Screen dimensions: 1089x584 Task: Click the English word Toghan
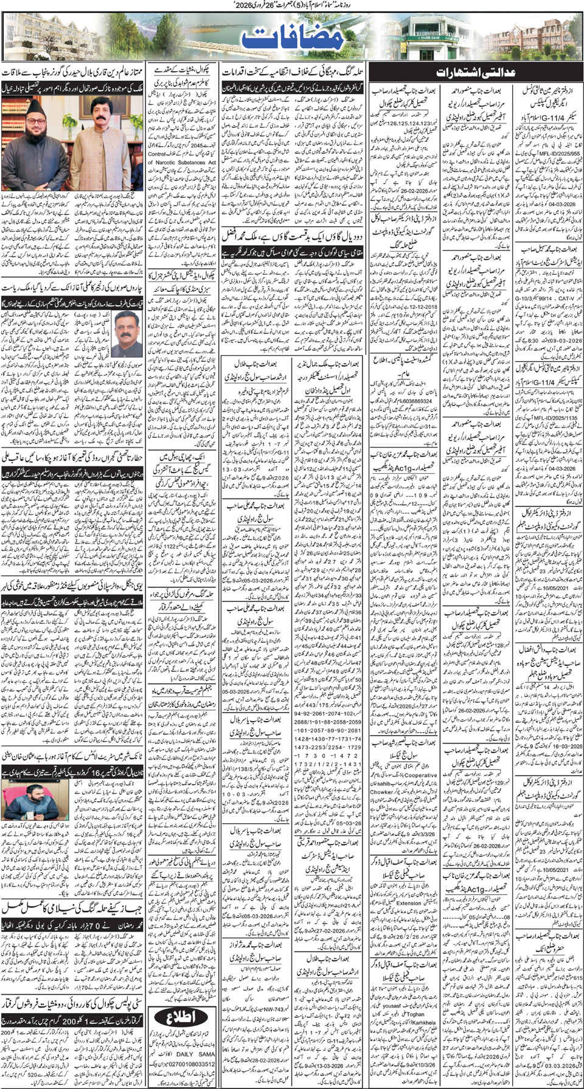(415, 1014)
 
